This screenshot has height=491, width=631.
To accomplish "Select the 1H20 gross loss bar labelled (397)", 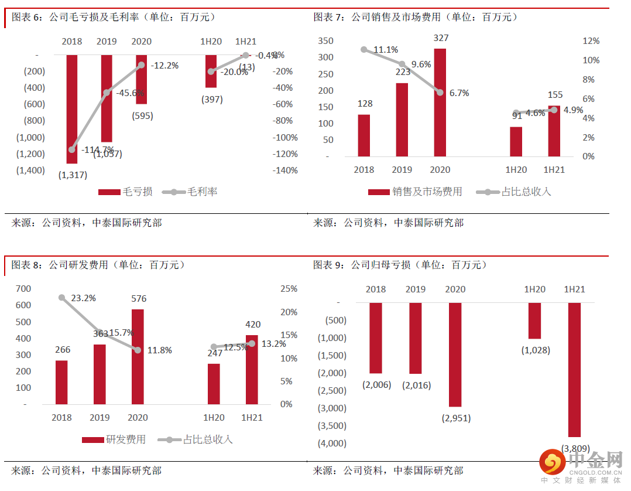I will tap(211, 71).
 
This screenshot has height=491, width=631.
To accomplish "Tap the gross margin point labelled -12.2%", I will tap(141, 66).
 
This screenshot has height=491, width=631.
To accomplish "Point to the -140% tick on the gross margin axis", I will tap(286, 171).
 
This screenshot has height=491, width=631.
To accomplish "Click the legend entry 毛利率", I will tap(190, 192).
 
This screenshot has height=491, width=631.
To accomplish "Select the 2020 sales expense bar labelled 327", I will tap(440, 103).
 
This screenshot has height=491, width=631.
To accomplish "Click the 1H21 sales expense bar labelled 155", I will tap(554, 131).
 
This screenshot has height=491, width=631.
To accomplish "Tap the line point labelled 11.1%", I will tap(364, 50).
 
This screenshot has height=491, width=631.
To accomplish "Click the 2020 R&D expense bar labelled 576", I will tap(138, 357).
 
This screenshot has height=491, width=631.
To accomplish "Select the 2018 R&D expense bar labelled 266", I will tap(61, 382).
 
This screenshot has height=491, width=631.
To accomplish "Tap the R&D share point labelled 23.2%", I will tap(62, 298).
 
